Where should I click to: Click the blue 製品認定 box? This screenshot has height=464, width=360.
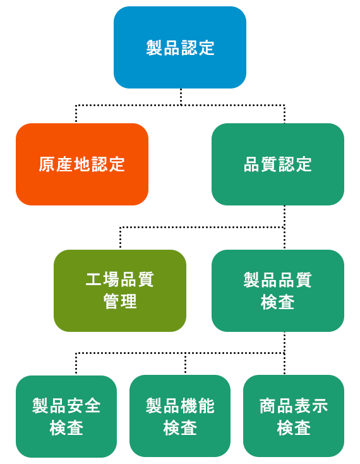180,47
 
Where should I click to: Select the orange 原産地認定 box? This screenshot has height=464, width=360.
82,164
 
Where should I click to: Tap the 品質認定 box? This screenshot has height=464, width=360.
278,164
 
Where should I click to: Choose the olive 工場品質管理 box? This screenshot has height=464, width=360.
120,291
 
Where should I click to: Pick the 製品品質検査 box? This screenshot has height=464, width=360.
278,291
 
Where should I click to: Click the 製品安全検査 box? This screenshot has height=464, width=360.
66,417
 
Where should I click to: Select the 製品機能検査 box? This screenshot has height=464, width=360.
180,416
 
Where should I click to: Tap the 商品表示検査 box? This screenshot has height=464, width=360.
294,416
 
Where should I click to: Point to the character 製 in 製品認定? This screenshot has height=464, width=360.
153,47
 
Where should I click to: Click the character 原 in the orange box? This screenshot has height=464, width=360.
47,164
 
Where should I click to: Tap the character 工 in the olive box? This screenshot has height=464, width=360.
93,279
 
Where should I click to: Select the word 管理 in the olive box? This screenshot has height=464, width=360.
120,302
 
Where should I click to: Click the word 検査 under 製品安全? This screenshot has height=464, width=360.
66,427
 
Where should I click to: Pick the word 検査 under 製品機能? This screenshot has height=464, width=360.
180,427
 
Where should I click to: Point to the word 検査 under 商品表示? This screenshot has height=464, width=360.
294,427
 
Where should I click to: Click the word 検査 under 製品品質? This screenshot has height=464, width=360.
278,302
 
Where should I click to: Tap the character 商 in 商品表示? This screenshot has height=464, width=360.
268,406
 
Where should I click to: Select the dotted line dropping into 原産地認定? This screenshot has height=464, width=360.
76,114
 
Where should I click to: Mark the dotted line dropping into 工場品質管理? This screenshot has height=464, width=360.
120,238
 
